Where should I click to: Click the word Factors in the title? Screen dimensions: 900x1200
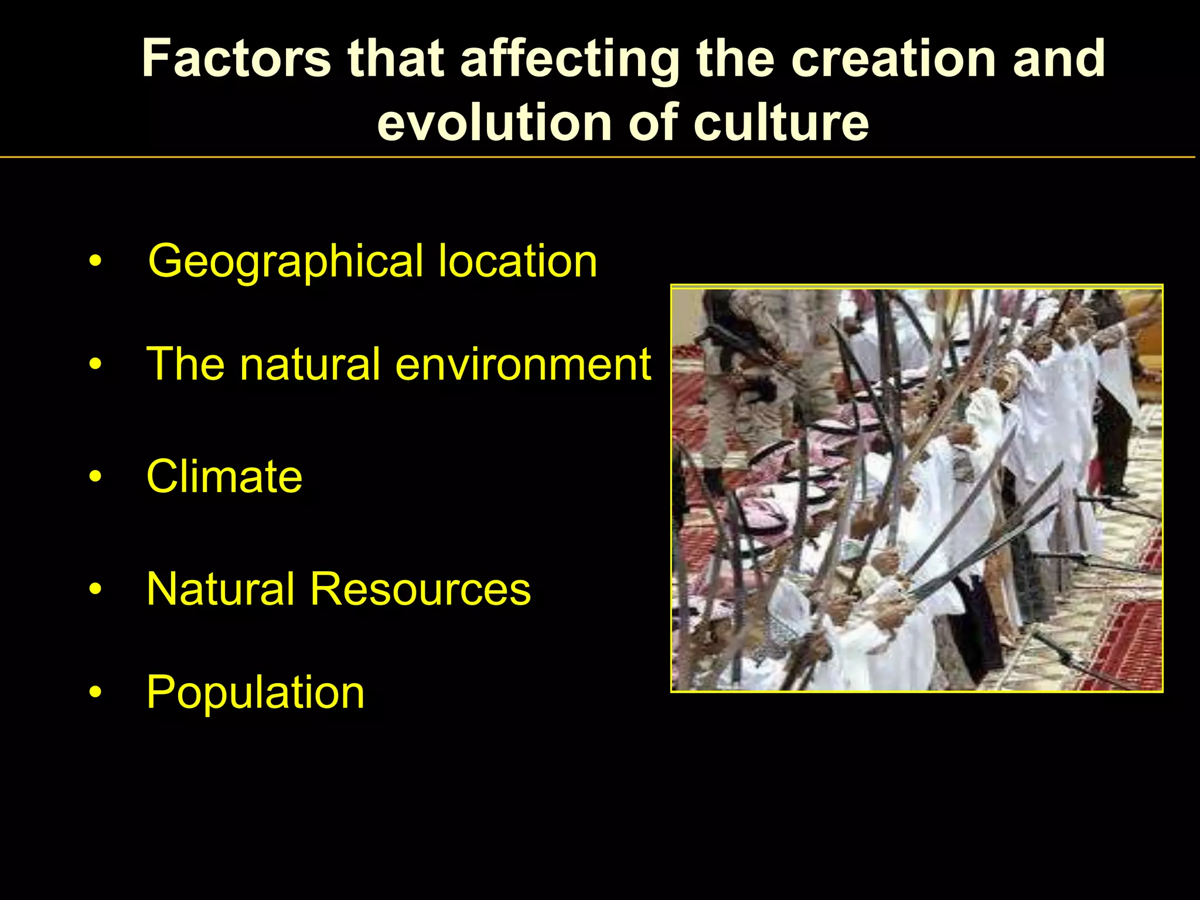(237, 58)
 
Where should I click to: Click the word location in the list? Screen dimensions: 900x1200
(518, 261)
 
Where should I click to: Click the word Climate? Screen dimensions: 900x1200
(224, 476)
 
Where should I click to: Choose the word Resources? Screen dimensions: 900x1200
(421, 589)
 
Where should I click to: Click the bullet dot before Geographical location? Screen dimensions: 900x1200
(96, 261)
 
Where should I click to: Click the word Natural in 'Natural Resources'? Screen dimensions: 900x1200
(220, 589)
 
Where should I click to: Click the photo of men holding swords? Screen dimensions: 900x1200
(916, 489)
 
